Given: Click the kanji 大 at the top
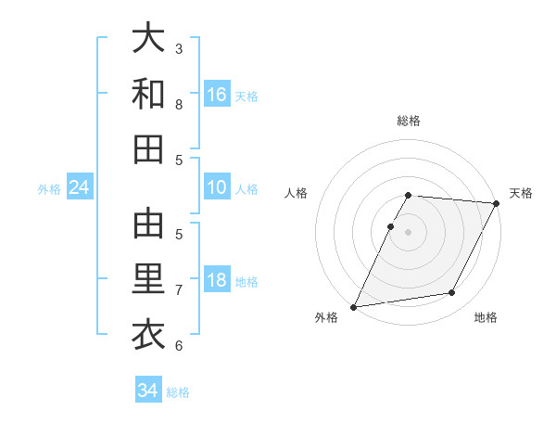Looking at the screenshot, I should click(x=148, y=40).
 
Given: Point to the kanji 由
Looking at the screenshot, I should click(x=148, y=225).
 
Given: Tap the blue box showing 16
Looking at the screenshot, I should click(x=217, y=95).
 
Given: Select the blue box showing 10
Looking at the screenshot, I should click(x=217, y=187).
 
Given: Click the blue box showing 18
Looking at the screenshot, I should click(x=217, y=281).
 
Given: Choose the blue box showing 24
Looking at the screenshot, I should click(x=79, y=188).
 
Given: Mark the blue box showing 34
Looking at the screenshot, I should click(x=147, y=391).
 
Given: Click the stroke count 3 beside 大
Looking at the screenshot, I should click(x=179, y=49).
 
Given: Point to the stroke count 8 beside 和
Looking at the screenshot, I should click(x=179, y=105).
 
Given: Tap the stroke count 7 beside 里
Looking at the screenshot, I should click(x=179, y=290).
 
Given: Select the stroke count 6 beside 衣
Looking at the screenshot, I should click(x=179, y=346).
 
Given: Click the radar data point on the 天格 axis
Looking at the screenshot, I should click(x=498, y=203).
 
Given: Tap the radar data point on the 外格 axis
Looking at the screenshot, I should click(x=353, y=307).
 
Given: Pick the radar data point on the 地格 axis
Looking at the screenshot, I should click(x=452, y=293).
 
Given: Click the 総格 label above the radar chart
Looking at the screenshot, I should click(x=408, y=121).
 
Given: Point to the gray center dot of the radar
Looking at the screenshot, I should click(x=408, y=232).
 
